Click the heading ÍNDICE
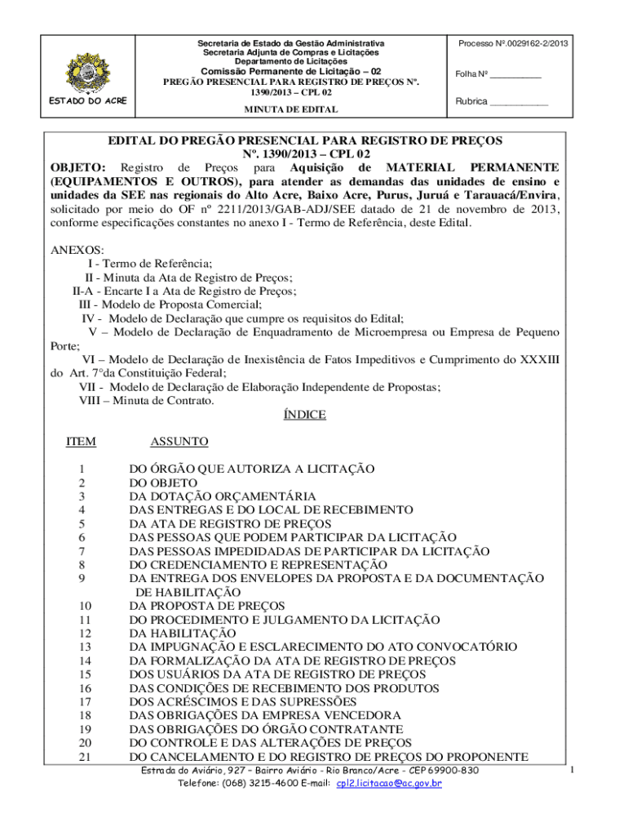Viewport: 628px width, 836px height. (x=304, y=415)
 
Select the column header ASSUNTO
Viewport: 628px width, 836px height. (x=179, y=442)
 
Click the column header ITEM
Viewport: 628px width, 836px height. (x=81, y=442)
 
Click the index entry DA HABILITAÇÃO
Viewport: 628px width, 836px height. (x=183, y=633)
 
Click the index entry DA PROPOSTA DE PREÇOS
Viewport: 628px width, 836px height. (x=207, y=606)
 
